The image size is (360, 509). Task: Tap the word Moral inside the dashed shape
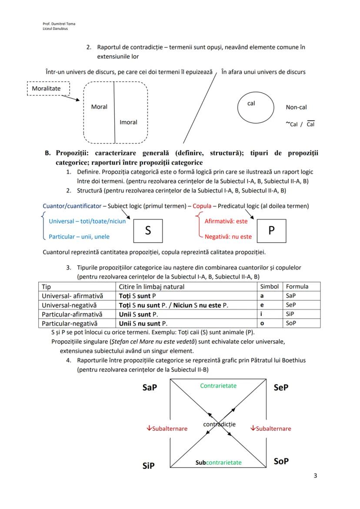tap(99, 106)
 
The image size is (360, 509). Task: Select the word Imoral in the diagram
tap(128, 122)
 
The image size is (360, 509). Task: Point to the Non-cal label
tap(296, 107)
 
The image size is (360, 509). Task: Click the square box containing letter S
tap(148, 231)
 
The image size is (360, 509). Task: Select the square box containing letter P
tap(271, 230)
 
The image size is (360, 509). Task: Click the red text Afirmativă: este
tap(226, 221)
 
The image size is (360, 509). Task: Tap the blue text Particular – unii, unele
tap(79, 237)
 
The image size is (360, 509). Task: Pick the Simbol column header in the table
tap(269, 286)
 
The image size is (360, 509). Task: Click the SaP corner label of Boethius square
tap(150, 388)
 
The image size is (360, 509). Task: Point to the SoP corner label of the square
tap(281, 461)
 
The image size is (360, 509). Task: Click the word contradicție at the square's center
tap(219, 424)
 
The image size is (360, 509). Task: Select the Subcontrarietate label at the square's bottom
tap(219, 462)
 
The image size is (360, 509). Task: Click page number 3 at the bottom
tap(315, 476)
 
